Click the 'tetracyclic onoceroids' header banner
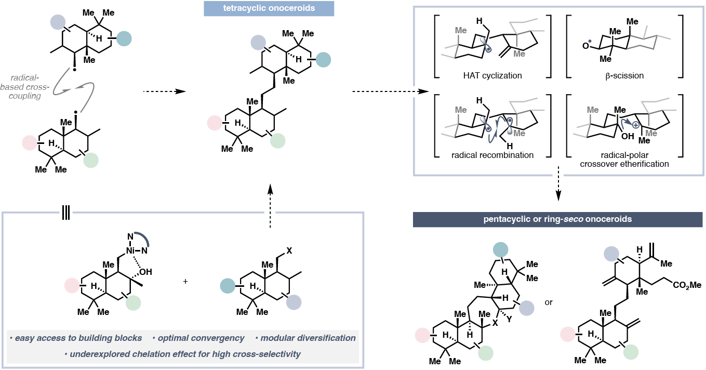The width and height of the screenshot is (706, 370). click(269, 9)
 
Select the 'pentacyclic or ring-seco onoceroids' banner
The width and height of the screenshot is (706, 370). click(558, 219)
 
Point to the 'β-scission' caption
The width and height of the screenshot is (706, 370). click(624, 76)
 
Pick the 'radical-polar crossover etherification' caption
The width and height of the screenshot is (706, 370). click(624, 159)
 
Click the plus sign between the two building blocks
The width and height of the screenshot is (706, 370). click(185, 281)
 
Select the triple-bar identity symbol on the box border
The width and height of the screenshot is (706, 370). click(66, 213)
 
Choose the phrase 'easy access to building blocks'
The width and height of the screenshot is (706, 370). click(77, 338)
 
